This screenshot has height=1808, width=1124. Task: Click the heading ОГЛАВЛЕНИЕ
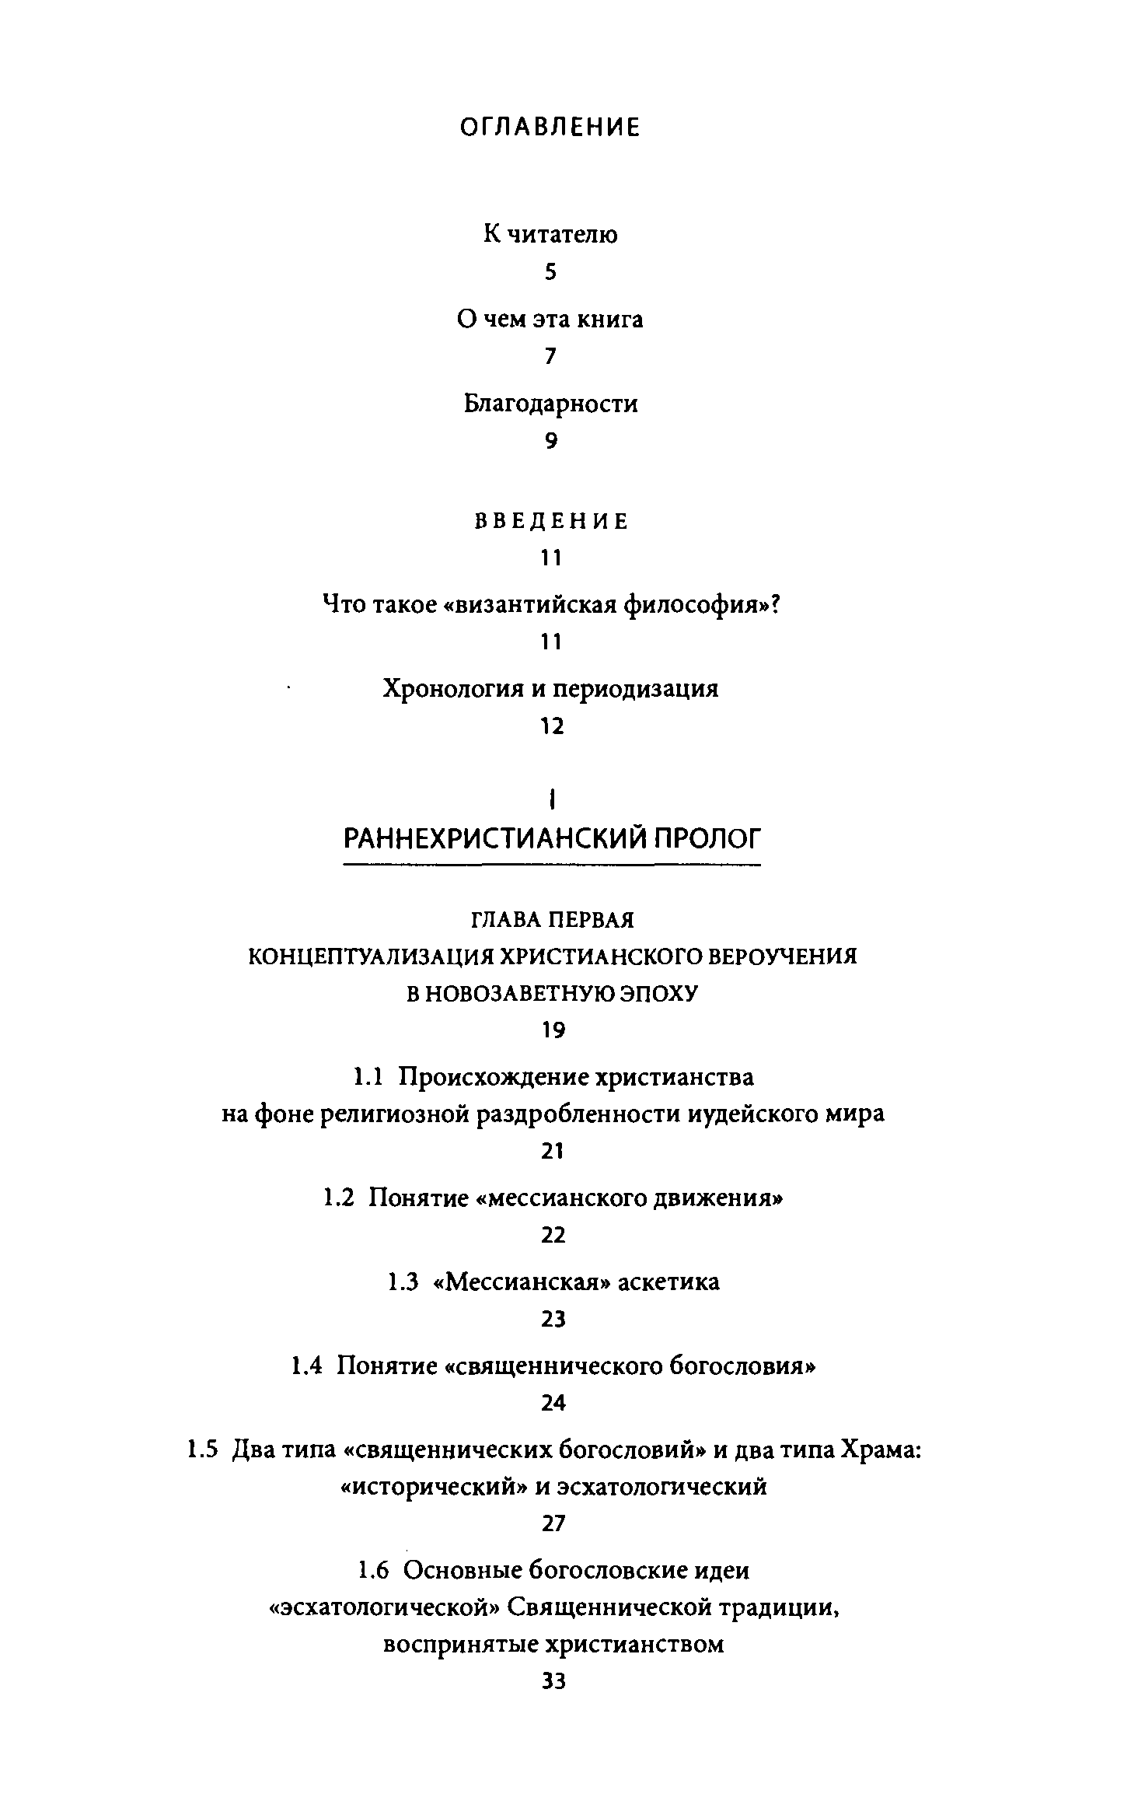click(550, 128)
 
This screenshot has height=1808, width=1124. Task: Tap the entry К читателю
click(550, 234)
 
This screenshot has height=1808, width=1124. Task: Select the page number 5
click(551, 272)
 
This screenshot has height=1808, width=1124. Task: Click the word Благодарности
click(551, 404)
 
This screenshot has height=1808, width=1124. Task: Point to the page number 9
click(551, 442)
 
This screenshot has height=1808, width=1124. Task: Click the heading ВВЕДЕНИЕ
click(551, 522)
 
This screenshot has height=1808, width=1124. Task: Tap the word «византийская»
click(531, 605)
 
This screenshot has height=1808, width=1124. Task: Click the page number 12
click(551, 727)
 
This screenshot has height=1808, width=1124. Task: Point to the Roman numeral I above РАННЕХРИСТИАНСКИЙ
click(551, 799)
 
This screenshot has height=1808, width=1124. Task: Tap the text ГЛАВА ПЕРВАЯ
click(553, 920)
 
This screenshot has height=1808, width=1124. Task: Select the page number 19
click(553, 1031)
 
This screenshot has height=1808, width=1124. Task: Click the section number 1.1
click(369, 1078)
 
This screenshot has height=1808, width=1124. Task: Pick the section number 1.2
click(339, 1198)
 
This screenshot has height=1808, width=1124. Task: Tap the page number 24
click(553, 1404)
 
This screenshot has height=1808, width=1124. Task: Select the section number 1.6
click(373, 1571)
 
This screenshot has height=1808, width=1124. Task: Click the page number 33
click(553, 1682)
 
